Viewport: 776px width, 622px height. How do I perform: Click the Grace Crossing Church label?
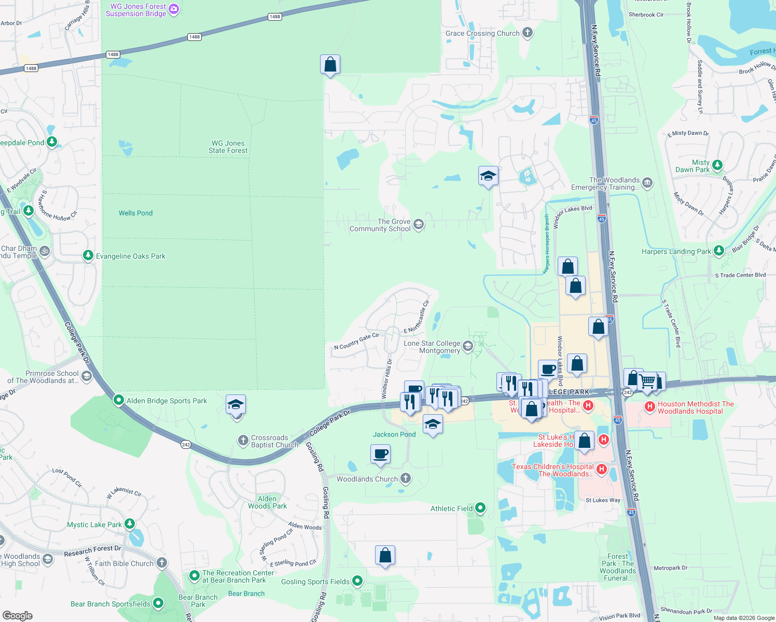[482, 33]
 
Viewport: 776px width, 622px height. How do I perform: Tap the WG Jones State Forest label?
[228, 147]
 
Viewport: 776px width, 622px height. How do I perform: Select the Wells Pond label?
[135, 213]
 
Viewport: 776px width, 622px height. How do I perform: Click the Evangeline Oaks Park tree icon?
[89, 256]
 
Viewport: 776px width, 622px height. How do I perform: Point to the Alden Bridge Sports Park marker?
[119, 400]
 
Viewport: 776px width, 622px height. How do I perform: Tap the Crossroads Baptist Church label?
[274, 442]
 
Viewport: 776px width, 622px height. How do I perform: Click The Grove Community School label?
[380, 225]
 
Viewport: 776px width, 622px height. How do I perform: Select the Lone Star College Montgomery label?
[432, 347]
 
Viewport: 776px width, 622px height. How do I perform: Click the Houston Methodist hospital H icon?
[650, 406]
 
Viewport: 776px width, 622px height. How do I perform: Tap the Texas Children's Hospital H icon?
[602, 469]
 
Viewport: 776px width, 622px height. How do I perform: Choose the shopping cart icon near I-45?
[647, 381]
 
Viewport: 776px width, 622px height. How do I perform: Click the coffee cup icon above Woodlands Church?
[380, 454]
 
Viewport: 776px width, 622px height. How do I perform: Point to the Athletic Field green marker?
[480, 508]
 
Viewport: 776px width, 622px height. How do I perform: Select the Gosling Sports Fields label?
[315, 582]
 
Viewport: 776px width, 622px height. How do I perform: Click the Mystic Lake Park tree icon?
[130, 524]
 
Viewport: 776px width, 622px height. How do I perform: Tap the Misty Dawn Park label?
[692, 166]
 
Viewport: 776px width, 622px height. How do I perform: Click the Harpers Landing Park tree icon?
[718, 251]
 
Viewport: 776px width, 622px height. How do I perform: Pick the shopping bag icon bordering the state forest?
[330, 65]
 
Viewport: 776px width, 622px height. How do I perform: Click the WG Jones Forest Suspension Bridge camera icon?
[174, 9]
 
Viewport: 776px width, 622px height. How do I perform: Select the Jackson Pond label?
[394, 434]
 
